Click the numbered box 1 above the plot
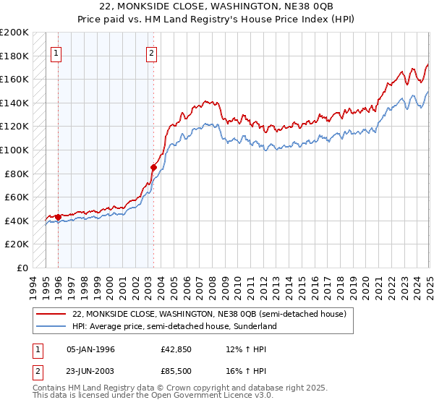click(x=56, y=52)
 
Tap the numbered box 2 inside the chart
click(x=152, y=52)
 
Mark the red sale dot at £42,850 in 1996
click(x=58, y=217)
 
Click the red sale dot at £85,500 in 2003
click(x=153, y=167)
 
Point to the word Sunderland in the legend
click(x=258, y=326)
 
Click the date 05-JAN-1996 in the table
click(x=90, y=349)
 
